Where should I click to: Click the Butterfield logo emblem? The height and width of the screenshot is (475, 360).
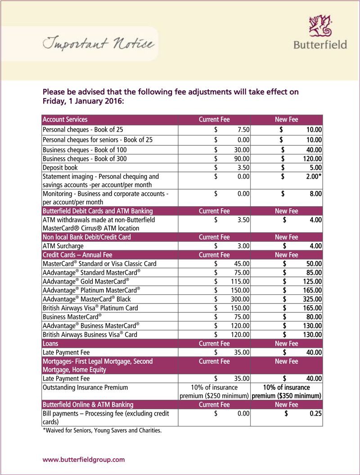pyautogui.click(x=320, y=26)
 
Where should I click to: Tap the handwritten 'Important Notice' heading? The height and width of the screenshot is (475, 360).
pyautogui.click(x=99, y=44)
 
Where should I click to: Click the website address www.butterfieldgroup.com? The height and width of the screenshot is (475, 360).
pyautogui.click(x=83, y=460)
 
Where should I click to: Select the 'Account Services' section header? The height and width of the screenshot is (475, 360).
pyautogui.click(x=65, y=120)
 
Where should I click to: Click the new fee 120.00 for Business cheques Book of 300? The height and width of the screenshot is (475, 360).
pyautogui.click(x=312, y=158)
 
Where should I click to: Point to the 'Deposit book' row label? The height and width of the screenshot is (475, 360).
pyautogui.click(x=60, y=167)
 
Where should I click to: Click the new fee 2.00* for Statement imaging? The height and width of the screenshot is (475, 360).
pyautogui.click(x=313, y=176)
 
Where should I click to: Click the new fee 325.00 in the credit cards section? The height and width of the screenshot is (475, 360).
pyautogui.click(x=312, y=299)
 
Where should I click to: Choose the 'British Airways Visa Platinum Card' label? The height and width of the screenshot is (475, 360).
pyautogui.click(x=90, y=308)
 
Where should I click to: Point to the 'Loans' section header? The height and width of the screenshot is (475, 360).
pyautogui.click(x=51, y=344)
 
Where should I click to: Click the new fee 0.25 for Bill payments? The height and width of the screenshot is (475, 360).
pyautogui.click(x=315, y=413)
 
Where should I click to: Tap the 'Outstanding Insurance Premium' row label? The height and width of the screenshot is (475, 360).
pyautogui.click(x=85, y=387)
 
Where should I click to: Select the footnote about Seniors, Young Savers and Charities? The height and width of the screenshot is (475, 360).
pyautogui.click(x=102, y=430)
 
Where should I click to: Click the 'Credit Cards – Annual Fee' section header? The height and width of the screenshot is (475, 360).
pyautogui.click(x=76, y=255)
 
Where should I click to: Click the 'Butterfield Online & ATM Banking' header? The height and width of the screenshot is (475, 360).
pyautogui.click(x=88, y=404)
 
